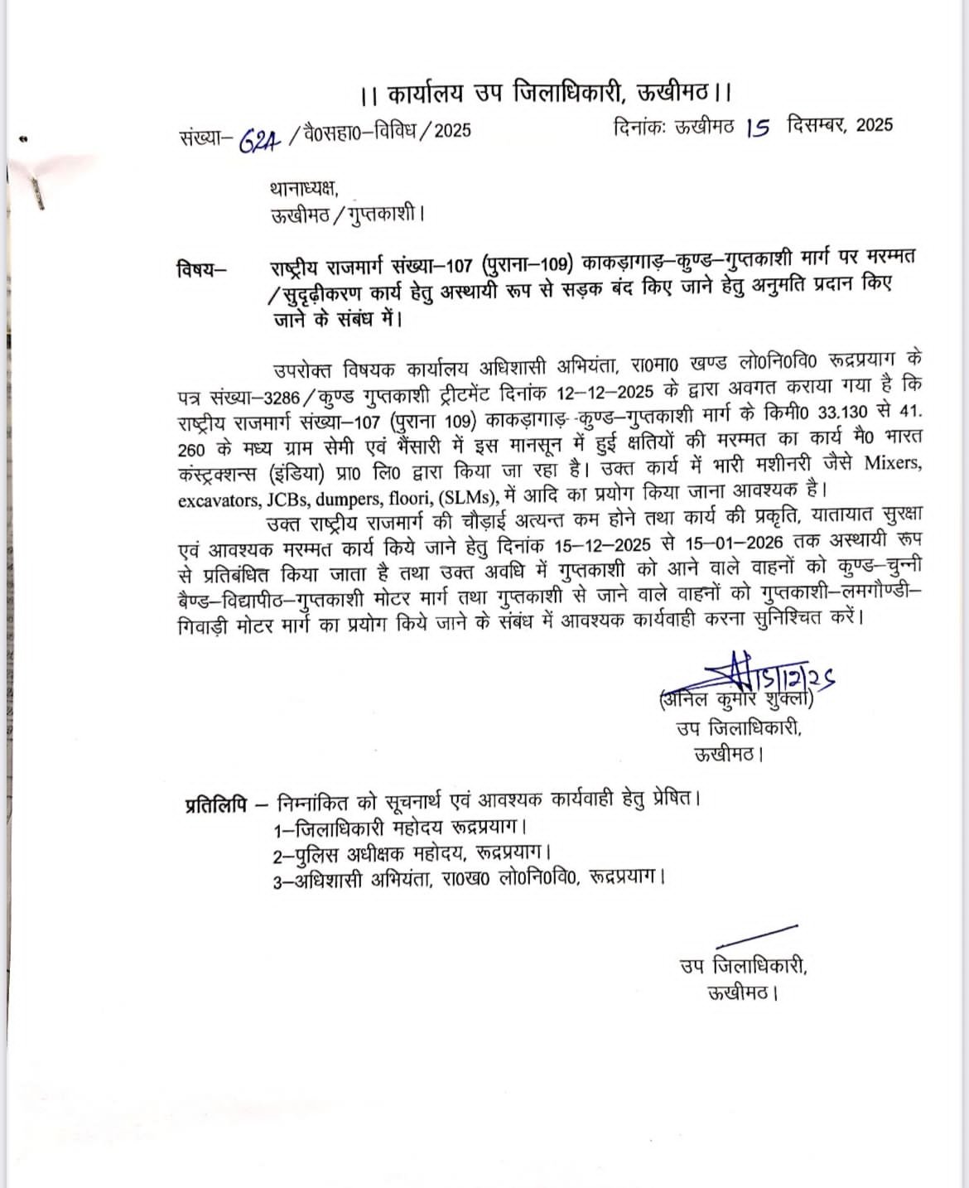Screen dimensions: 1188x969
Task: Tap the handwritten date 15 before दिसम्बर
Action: pyautogui.click(x=757, y=128)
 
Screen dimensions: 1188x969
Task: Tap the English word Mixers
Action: pyautogui.click(x=893, y=462)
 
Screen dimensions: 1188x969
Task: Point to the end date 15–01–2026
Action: pyautogui.click(x=735, y=543)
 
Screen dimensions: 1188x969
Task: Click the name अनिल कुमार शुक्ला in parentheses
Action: pyautogui.click(x=736, y=700)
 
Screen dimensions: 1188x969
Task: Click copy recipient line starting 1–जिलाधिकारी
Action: pyautogui.click(x=400, y=827)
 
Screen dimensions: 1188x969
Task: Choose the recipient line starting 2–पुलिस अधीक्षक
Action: pyautogui.click(x=412, y=852)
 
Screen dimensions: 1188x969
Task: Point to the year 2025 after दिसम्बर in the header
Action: pyautogui.click(x=875, y=125)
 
